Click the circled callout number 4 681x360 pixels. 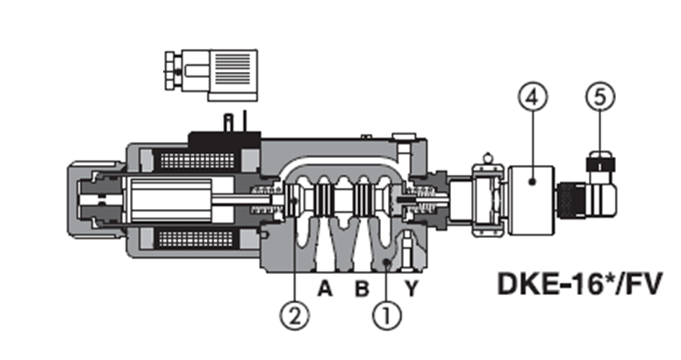point(533,97)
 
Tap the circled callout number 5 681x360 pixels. point(599,97)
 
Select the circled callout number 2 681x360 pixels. point(295,315)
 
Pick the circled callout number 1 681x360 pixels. point(387,315)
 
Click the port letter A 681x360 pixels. point(325,288)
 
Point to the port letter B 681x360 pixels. point(362,288)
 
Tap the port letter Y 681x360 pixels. point(412,288)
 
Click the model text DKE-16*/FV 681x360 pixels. point(580,284)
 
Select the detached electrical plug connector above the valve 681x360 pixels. point(211,76)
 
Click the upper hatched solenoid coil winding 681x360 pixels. point(197,161)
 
